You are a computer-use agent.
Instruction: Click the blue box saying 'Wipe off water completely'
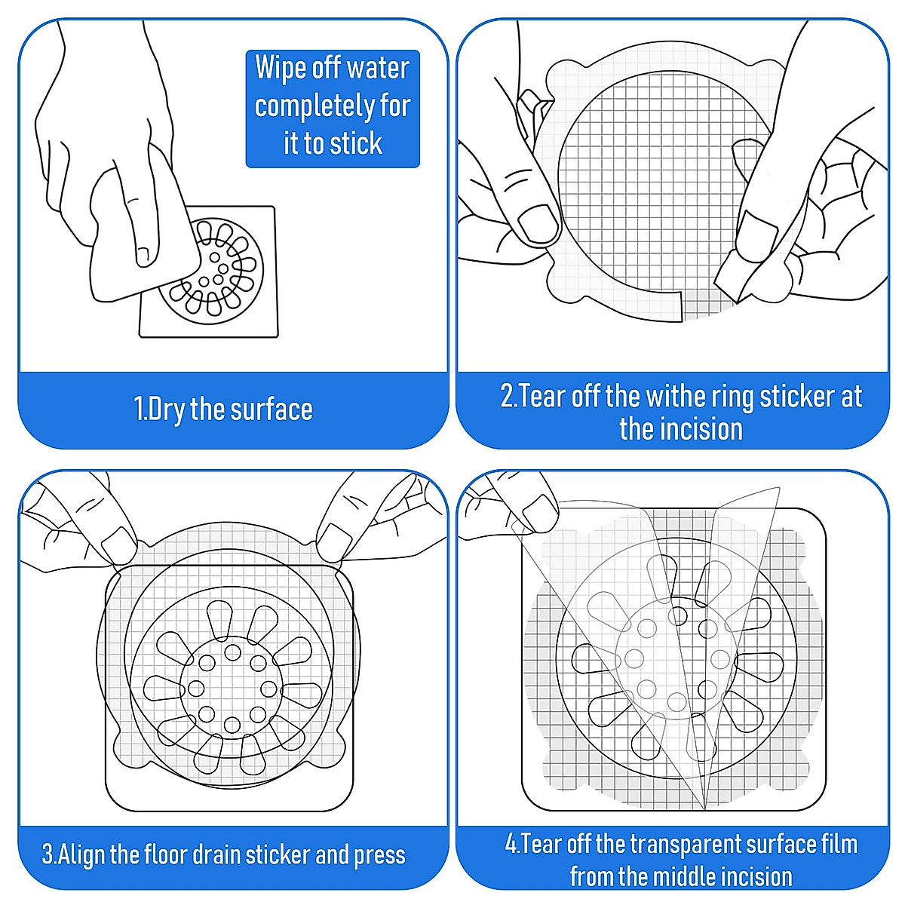click(x=332, y=108)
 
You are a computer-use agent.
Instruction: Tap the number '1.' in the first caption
click(x=140, y=410)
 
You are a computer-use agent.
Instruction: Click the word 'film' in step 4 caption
click(x=838, y=843)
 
